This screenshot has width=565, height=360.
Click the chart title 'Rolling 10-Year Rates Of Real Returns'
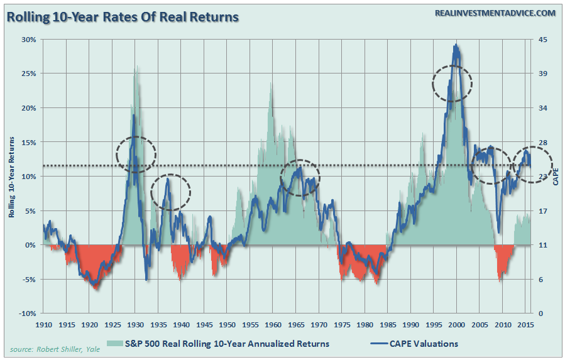123,16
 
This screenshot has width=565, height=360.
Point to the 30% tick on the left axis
30,39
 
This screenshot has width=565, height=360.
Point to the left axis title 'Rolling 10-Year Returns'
12,177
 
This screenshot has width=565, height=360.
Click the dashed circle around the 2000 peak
452,83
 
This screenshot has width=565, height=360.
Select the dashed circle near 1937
170,192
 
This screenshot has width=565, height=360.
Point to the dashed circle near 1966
300,178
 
